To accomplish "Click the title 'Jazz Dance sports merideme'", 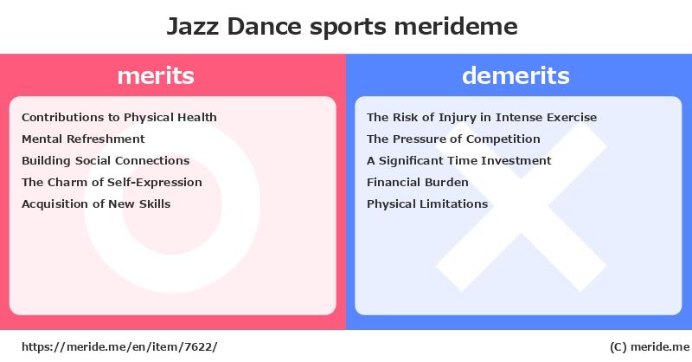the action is [342, 27].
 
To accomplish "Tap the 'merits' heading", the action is [156, 75].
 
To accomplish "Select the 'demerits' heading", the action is [516, 75].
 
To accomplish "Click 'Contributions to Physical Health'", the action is [119, 118].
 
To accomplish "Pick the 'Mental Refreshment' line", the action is [83, 139].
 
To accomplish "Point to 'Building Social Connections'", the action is [106, 160].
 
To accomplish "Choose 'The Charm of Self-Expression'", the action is [112, 182].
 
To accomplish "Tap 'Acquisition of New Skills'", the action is [96, 204].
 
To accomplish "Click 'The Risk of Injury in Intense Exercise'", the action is [482, 118].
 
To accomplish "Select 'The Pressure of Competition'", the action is [453, 139].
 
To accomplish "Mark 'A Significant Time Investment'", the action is [459, 161].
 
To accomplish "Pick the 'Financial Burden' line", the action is [418, 182].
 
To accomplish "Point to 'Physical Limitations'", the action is [427, 204].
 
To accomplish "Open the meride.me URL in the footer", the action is [119, 347].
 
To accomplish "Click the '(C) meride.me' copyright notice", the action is [650, 347].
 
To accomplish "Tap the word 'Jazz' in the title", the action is [192, 27].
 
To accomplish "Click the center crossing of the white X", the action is [522, 206].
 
